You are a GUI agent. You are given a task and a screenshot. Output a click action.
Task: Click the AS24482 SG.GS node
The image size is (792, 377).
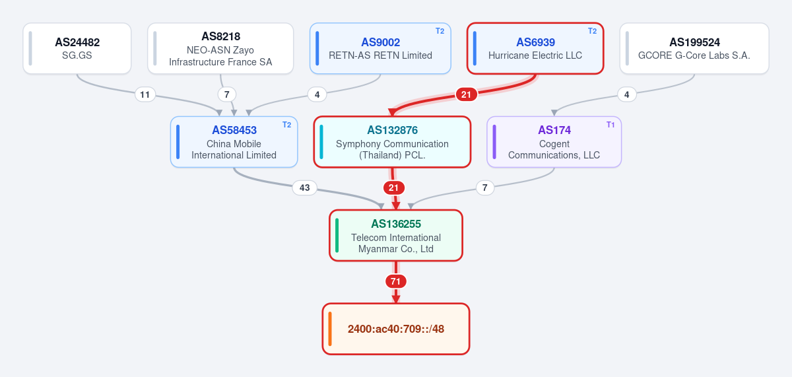pyautogui.click(x=77, y=48)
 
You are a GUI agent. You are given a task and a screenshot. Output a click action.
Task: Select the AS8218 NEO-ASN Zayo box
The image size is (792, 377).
pyautogui.click(x=220, y=48)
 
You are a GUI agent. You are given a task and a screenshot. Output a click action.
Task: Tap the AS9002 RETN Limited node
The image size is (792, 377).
pyautogui.click(x=380, y=48)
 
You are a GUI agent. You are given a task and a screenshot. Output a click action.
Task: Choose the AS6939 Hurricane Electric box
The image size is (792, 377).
pyautogui.click(x=535, y=48)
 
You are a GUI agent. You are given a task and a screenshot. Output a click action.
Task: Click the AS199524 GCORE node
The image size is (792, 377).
pyautogui.click(x=694, y=48)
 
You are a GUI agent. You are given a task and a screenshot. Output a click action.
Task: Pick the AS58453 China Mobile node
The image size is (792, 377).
pyautogui.click(x=234, y=142)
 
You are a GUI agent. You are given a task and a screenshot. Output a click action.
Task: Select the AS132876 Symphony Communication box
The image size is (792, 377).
pyautogui.click(x=392, y=142)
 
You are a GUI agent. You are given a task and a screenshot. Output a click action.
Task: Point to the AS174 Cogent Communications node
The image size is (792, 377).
pyautogui.click(x=554, y=142)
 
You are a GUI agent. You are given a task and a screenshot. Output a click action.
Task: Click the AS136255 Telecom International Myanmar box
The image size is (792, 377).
pyautogui.click(x=396, y=236)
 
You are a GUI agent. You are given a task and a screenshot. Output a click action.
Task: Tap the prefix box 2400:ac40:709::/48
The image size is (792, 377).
pyautogui.click(x=396, y=329)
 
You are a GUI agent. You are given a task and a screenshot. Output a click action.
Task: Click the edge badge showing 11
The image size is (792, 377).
pyautogui.click(x=145, y=94)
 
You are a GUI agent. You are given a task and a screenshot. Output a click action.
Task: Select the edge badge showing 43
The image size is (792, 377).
pyautogui.click(x=305, y=188)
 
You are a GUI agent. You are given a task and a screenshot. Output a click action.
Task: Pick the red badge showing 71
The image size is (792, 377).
pyautogui.click(x=395, y=281)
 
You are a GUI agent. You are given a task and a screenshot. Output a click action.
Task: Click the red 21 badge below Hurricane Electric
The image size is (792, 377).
pyautogui.click(x=467, y=94)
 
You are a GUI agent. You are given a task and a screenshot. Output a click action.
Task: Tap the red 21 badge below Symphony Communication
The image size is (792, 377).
pyautogui.click(x=394, y=188)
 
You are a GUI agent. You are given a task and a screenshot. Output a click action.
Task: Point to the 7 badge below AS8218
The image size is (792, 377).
pyautogui.click(x=227, y=94)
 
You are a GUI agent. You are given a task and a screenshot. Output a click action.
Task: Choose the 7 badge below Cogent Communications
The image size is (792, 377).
pyautogui.click(x=485, y=188)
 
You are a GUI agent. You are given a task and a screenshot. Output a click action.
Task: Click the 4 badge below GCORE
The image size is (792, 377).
pyautogui.click(x=627, y=94)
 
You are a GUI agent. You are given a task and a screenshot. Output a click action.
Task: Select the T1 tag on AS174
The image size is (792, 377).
pyautogui.click(x=610, y=125)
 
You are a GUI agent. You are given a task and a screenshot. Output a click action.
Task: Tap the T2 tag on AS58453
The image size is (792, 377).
pyautogui.click(x=286, y=125)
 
